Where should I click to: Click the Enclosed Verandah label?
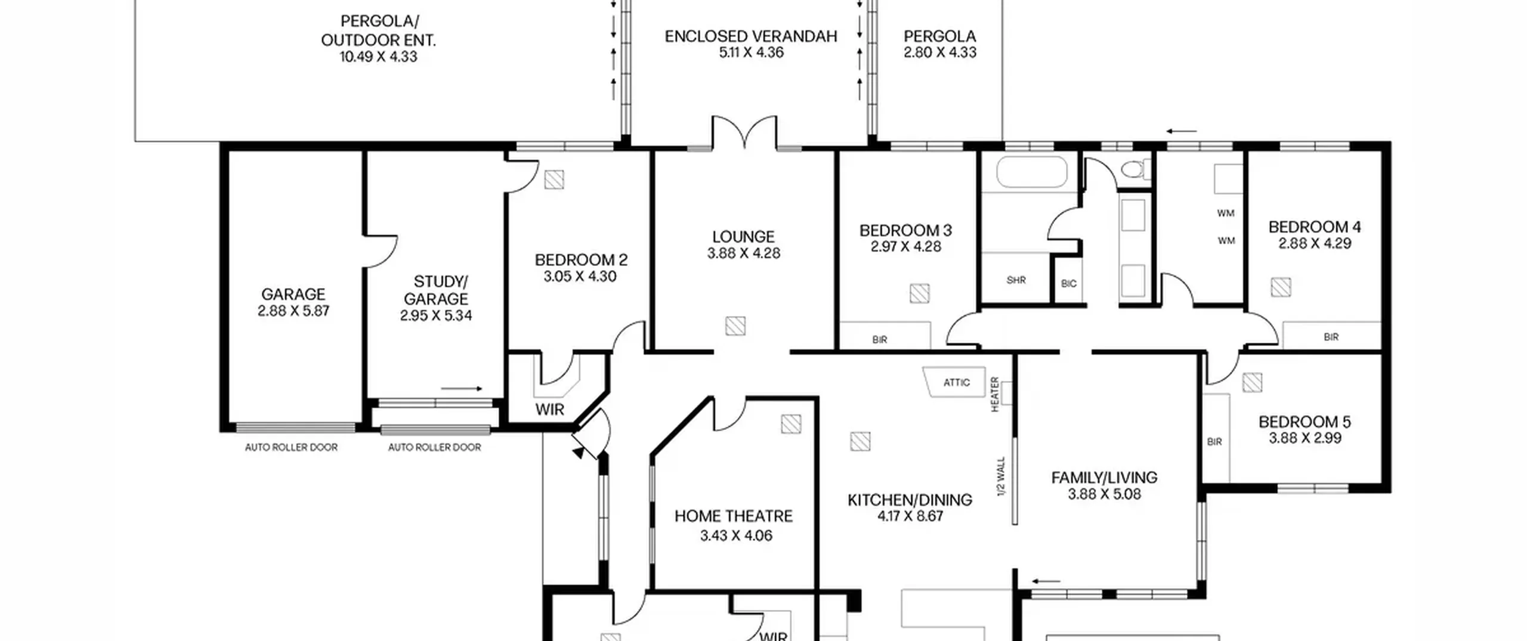pos(751,36)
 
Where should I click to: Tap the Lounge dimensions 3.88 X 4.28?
pos(744,253)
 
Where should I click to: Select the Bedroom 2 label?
pos(581,260)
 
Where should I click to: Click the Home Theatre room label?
pos(734,516)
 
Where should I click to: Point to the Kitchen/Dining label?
pos(910,500)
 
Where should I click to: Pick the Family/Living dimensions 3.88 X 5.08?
pos(1105,494)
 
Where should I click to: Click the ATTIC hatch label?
pos(957,383)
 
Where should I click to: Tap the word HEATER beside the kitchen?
pos(994,394)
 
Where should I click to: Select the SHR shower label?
pos(1016,280)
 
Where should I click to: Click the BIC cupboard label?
pos(1069,284)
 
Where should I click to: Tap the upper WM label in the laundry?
pos(1226,213)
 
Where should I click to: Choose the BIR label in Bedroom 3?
pos(880,340)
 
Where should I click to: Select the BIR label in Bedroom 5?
pos(1214,442)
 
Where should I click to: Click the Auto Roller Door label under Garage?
pos(291,447)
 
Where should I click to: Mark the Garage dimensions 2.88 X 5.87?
pos(293,311)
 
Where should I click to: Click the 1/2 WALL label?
pos(1001,476)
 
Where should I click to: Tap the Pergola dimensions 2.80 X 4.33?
pos(940,52)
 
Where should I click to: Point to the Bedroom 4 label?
pos(1315,227)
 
